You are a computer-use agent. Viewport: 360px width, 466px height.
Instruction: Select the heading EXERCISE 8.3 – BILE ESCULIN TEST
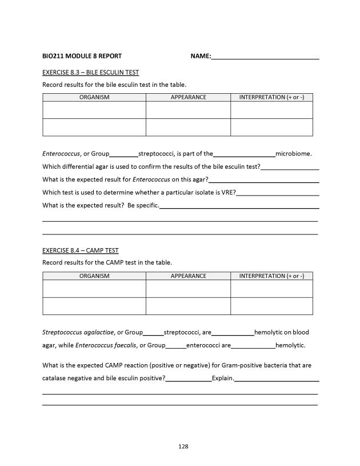(x=91, y=72)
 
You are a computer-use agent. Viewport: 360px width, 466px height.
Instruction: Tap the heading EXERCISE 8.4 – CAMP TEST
(x=81, y=250)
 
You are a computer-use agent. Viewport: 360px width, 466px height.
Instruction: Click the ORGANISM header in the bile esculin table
(x=94, y=97)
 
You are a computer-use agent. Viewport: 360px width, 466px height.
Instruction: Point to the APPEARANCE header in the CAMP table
(x=188, y=276)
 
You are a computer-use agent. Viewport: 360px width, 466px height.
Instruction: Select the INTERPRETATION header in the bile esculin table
(x=271, y=97)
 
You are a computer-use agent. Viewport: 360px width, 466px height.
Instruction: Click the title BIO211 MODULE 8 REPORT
(x=82, y=56)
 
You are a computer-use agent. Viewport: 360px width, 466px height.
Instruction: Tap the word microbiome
(x=294, y=154)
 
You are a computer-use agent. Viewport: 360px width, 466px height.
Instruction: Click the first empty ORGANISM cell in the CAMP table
(x=94, y=289)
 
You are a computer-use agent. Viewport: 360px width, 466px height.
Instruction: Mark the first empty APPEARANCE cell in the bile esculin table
(x=188, y=110)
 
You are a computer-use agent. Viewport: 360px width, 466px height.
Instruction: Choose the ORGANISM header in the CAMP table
(x=94, y=276)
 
